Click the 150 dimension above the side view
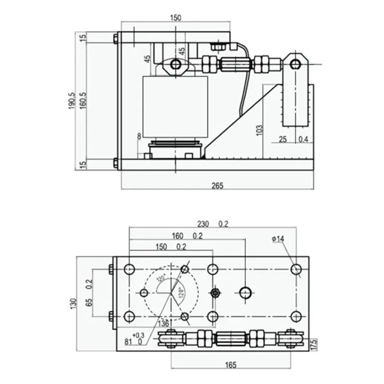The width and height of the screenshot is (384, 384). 176,18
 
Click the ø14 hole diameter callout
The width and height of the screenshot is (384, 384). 278,239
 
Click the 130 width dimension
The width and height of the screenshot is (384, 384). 72,303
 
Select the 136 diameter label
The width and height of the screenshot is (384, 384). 164,324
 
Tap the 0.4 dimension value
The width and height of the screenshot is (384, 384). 303,139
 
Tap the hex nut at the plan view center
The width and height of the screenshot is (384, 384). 216,292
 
